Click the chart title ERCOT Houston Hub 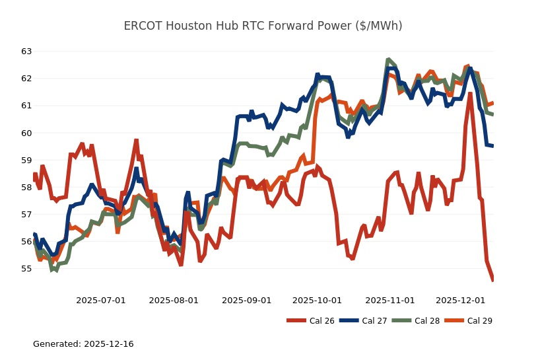pyautogui.click(x=263, y=26)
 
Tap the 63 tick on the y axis pyautogui.click(x=26, y=51)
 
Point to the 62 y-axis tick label pyautogui.click(x=26, y=78)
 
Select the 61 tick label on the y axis pyautogui.click(x=26, y=106)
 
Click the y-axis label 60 pyautogui.click(x=26, y=133)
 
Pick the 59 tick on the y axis pyautogui.click(x=26, y=160)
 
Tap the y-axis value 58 pyautogui.click(x=26, y=187)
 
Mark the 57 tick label pyautogui.click(x=26, y=214)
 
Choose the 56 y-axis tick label pyautogui.click(x=26, y=242)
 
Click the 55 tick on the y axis pyautogui.click(x=26, y=269)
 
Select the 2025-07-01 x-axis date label pyautogui.click(x=101, y=300)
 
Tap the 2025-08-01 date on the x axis pyautogui.click(x=174, y=300)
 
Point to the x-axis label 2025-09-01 pyautogui.click(x=246, y=300)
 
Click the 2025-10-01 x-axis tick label pyautogui.click(x=317, y=300)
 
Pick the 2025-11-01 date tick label pyautogui.click(x=389, y=300)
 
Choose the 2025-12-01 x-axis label pyautogui.click(x=460, y=300)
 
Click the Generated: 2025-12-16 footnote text pyautogui.click(x=83, y=344)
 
